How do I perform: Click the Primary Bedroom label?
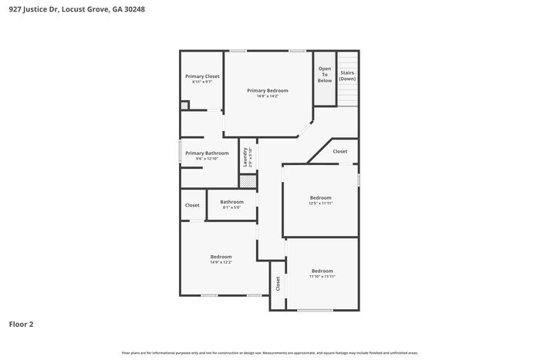point(268,90)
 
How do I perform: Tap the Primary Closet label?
point(202,76)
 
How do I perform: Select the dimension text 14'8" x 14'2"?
point(268,96)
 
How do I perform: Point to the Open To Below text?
point(325,74)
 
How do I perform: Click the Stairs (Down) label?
point(348,76)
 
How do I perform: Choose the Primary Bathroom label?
point(207,153)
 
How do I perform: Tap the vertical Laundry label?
point(245,156)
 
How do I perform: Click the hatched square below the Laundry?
point(247,181)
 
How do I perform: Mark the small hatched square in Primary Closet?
point(184,106)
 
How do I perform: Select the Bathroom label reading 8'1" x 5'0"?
point(231,207)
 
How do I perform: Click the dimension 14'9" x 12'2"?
point(221,263)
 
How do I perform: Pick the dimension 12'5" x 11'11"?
point(320,204)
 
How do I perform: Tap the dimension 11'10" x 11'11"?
point(322,277)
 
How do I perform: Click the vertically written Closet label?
point(278,283)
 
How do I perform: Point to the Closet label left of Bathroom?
point(192,205)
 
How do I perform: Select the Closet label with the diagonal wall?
point(340,152)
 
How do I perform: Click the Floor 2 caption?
point(21,324)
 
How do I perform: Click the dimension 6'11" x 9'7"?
point(202,82)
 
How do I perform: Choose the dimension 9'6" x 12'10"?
point(207,159)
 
